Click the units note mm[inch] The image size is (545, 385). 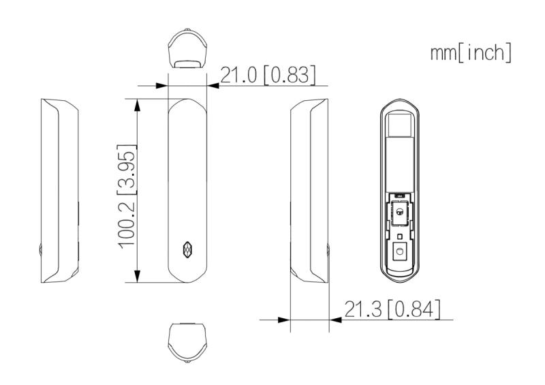470,52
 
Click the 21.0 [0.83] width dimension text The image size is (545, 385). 267,74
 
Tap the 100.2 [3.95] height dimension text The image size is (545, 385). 126,196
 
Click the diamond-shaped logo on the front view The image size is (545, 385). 188,249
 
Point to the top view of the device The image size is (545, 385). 187,51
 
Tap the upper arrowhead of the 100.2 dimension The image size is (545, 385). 139,104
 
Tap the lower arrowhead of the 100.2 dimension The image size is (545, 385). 139,277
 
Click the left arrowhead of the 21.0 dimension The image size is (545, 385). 161,86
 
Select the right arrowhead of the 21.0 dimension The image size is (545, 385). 213,86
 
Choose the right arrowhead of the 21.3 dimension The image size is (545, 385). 336,319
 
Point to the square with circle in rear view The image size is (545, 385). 400,251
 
